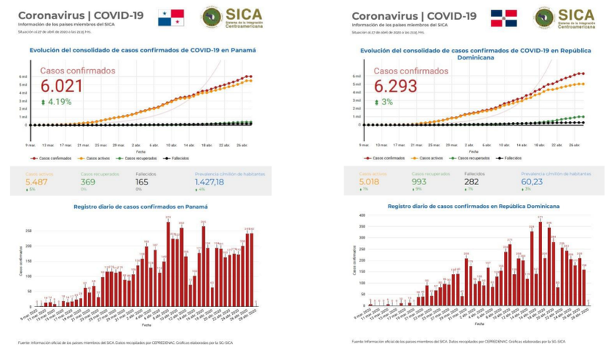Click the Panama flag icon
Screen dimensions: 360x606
point(170,18)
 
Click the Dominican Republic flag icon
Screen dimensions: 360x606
point(504,18)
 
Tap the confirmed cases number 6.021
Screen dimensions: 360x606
point(61,86)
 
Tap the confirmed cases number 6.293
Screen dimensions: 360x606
point(395,86)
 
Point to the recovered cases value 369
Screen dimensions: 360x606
point(89,181)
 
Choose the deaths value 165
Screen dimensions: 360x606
point(143,181)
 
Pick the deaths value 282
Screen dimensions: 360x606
point(475,181)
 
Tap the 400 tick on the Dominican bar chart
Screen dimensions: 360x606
point(360,216)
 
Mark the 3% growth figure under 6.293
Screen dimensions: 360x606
point(386,102)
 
